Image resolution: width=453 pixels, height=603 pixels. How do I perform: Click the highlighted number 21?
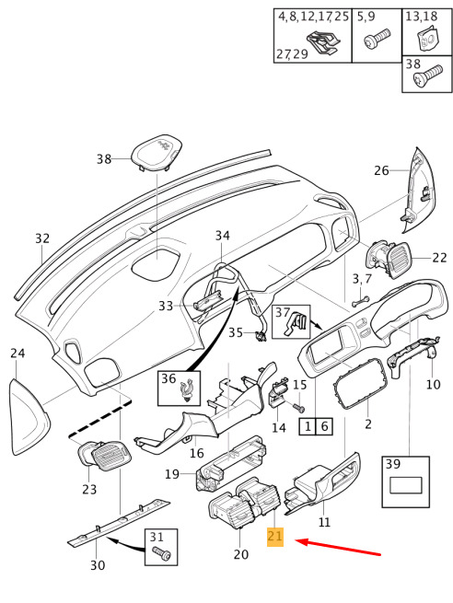point(275,536)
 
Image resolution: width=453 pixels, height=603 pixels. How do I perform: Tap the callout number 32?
point(42,238)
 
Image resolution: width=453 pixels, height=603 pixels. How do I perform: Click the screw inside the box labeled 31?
point(161,552)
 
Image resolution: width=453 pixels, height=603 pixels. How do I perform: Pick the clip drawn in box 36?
point(187,390)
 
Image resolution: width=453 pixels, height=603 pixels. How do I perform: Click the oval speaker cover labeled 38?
point(157,153)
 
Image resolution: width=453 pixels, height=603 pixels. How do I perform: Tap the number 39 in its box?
point(392,464)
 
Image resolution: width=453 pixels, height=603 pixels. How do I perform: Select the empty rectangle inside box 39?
point(406,485)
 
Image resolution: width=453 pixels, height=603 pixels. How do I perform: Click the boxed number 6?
point(324,426)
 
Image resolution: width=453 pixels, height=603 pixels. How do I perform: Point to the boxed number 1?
point(308,426)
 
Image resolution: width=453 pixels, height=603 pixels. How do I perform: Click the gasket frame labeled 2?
point(360,384)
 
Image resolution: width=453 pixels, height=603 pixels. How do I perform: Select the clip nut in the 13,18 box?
point(427,39)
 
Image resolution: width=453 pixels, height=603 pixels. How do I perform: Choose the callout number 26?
point(381,170)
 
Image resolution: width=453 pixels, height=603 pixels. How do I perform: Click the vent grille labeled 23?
point(106,456)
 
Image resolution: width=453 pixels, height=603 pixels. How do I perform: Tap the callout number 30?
point(98,565)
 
